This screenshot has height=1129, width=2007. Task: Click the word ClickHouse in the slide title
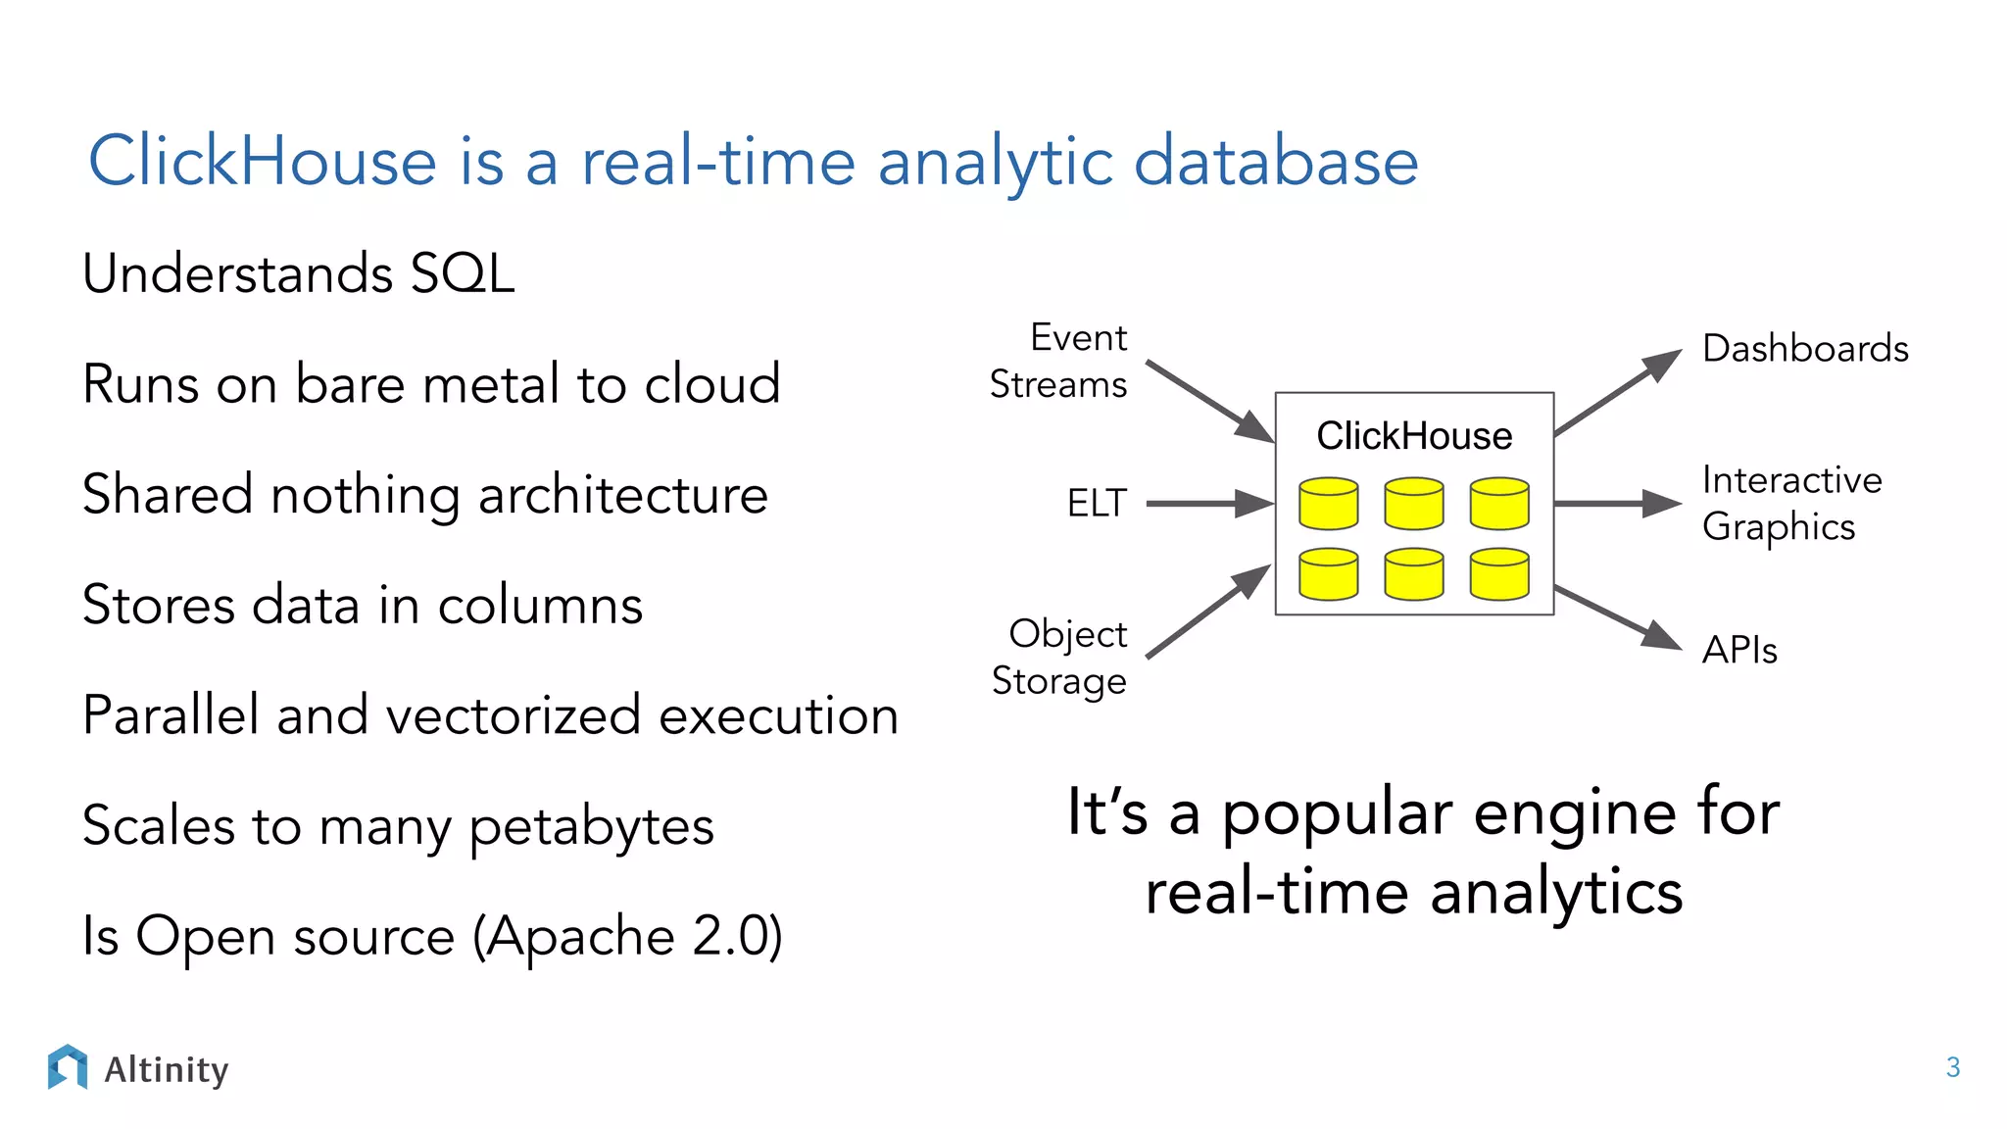[x=263, y=161]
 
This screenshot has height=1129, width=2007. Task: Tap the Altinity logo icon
[x=68, y=1067]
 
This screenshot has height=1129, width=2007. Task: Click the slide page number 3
[x=1952, y=1067]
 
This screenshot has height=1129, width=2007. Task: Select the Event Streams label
[x=1059, y=361]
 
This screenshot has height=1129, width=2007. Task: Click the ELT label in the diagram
[x=1097, y=504]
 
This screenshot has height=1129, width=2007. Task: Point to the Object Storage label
[x=1059, y=657]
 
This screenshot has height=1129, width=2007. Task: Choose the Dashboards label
[x=1805, y=349]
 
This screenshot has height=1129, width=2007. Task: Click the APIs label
[x=1739, y=650]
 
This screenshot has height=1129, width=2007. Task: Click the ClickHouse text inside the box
[x=1413, y=435]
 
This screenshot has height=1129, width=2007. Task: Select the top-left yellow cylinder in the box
[x=1328, y=504]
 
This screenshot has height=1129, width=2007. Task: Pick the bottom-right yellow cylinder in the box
[x=1498, y=574]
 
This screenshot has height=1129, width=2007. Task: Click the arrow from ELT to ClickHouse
[x=1207, y=504]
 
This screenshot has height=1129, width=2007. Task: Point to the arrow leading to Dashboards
[x=1617, y=392]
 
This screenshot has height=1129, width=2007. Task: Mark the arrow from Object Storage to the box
[x=1207, y=613]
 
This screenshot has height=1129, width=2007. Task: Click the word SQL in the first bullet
[x=462, y=273]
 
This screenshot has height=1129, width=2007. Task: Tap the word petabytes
[x=592, y=826]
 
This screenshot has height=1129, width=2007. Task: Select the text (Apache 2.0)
[x=627, y=936]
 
